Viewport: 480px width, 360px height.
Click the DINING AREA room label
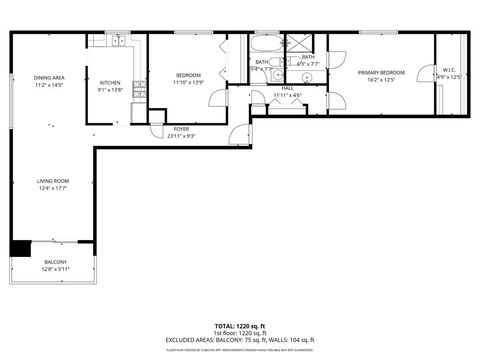tap(49, 78)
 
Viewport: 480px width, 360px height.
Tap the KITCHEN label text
tap(110, 83)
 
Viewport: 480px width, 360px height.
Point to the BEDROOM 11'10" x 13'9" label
tap(188, 76)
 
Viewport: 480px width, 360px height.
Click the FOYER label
tap(181, 129)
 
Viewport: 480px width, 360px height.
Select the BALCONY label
tap(55, 262)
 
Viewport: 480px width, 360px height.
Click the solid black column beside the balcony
tap(20, 248)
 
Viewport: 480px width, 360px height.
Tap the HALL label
tap(287, 88)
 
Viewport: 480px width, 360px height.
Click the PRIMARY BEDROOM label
tap(381, 72)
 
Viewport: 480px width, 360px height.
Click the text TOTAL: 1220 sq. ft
tap(239, 326)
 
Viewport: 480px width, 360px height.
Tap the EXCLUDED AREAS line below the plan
tap(239, 340)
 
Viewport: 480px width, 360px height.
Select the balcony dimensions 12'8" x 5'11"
tap(55, 269)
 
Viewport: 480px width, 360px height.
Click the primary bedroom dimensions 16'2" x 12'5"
tap(381, 79)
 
